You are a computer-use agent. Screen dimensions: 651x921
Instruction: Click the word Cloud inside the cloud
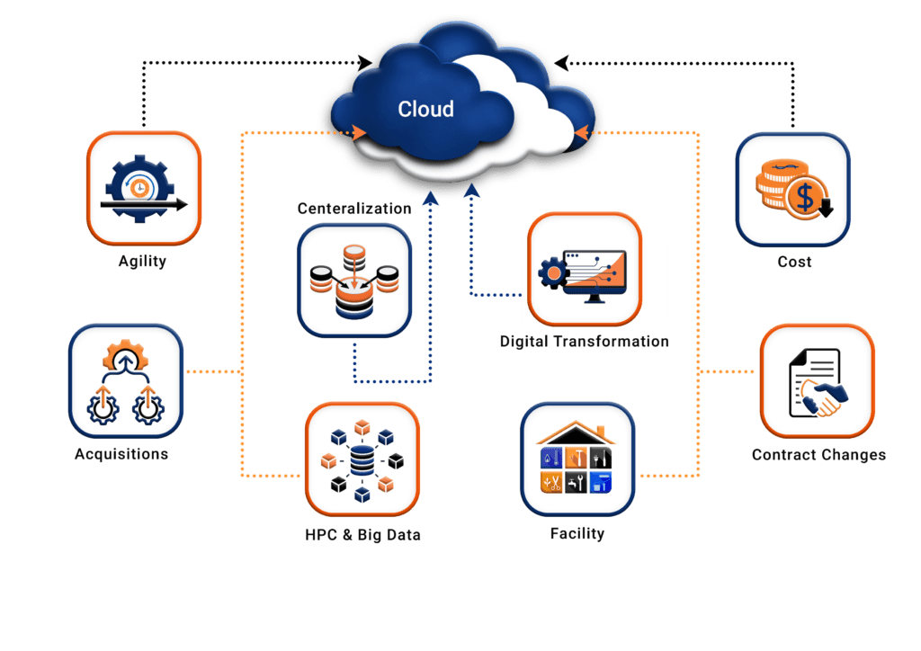pos(425,110)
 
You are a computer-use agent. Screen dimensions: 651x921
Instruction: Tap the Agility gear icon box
pos(144,188)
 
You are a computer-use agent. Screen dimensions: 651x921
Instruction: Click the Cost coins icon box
pos(792,190)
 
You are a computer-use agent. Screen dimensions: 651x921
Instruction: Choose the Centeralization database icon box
pos(353,281)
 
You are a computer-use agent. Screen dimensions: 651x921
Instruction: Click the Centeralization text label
pos(354,209)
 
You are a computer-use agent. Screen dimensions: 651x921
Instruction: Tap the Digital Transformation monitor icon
pos(585,269)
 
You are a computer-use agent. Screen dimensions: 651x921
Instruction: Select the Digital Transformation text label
pos(585,342)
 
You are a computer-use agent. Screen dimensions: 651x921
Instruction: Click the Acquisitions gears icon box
pos(126,381)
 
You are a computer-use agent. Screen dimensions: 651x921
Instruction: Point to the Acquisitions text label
pos(121,454)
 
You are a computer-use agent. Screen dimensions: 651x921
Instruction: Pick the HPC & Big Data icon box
pos(362,459)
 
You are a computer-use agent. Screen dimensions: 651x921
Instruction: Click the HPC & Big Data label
pos(362,535)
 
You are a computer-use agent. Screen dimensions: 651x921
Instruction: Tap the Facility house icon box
pos(577,459)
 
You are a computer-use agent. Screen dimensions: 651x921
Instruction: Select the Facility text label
pos(577,534)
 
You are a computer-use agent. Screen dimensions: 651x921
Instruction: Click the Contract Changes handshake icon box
pos(817,381)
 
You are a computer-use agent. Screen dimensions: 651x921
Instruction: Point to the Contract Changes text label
pos(818,455)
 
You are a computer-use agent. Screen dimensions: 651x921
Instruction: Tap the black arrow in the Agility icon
pos(144,205)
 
